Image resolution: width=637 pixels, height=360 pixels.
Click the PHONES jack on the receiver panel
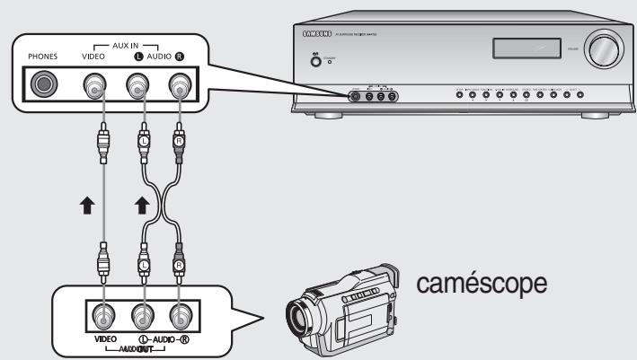click(x=42, y=86)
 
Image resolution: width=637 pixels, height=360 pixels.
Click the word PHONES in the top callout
click(x=41, y=56)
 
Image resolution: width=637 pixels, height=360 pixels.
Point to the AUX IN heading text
click(x=141, y=44)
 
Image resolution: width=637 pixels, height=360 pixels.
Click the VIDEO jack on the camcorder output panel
click(x=104, y=315)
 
